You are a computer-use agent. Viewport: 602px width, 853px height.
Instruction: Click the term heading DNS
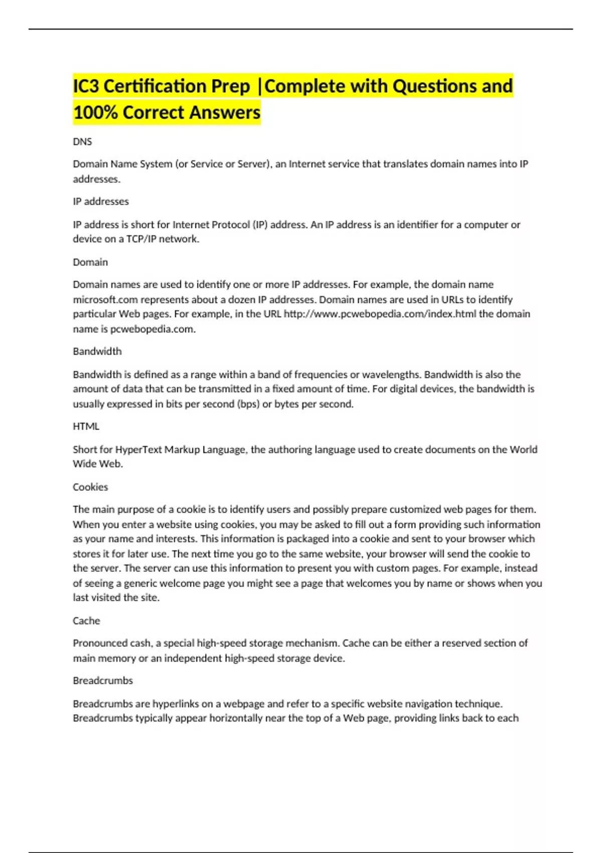pos(82,142)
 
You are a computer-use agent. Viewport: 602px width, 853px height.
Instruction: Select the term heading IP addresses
pos(101,202)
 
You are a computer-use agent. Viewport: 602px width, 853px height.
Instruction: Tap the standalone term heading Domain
pos(90,262)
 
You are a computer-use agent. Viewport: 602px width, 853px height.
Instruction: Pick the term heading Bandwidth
pos(97,352)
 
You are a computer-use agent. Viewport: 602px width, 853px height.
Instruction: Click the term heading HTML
pos(86,426)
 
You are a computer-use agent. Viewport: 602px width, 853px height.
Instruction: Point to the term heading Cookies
pos(90,487)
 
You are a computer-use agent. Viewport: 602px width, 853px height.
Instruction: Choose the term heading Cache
pos(86,621)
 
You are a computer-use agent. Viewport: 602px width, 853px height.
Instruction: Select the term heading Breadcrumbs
pos(103,681)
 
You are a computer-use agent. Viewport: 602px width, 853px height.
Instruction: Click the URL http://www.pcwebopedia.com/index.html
pos(380,314)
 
